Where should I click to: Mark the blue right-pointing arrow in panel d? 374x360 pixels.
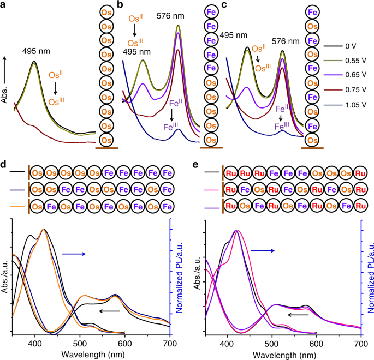click(73, 254)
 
